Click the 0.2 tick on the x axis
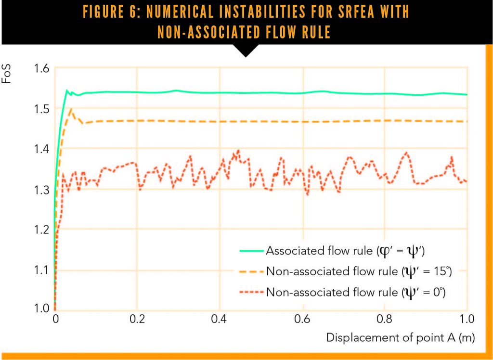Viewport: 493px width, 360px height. point(137,319)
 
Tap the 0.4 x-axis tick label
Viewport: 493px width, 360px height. point(220,319)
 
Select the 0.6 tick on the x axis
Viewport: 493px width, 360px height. point(302,319)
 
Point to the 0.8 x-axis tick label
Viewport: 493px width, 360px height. point(384,319)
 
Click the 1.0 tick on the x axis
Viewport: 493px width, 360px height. point(466,319)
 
